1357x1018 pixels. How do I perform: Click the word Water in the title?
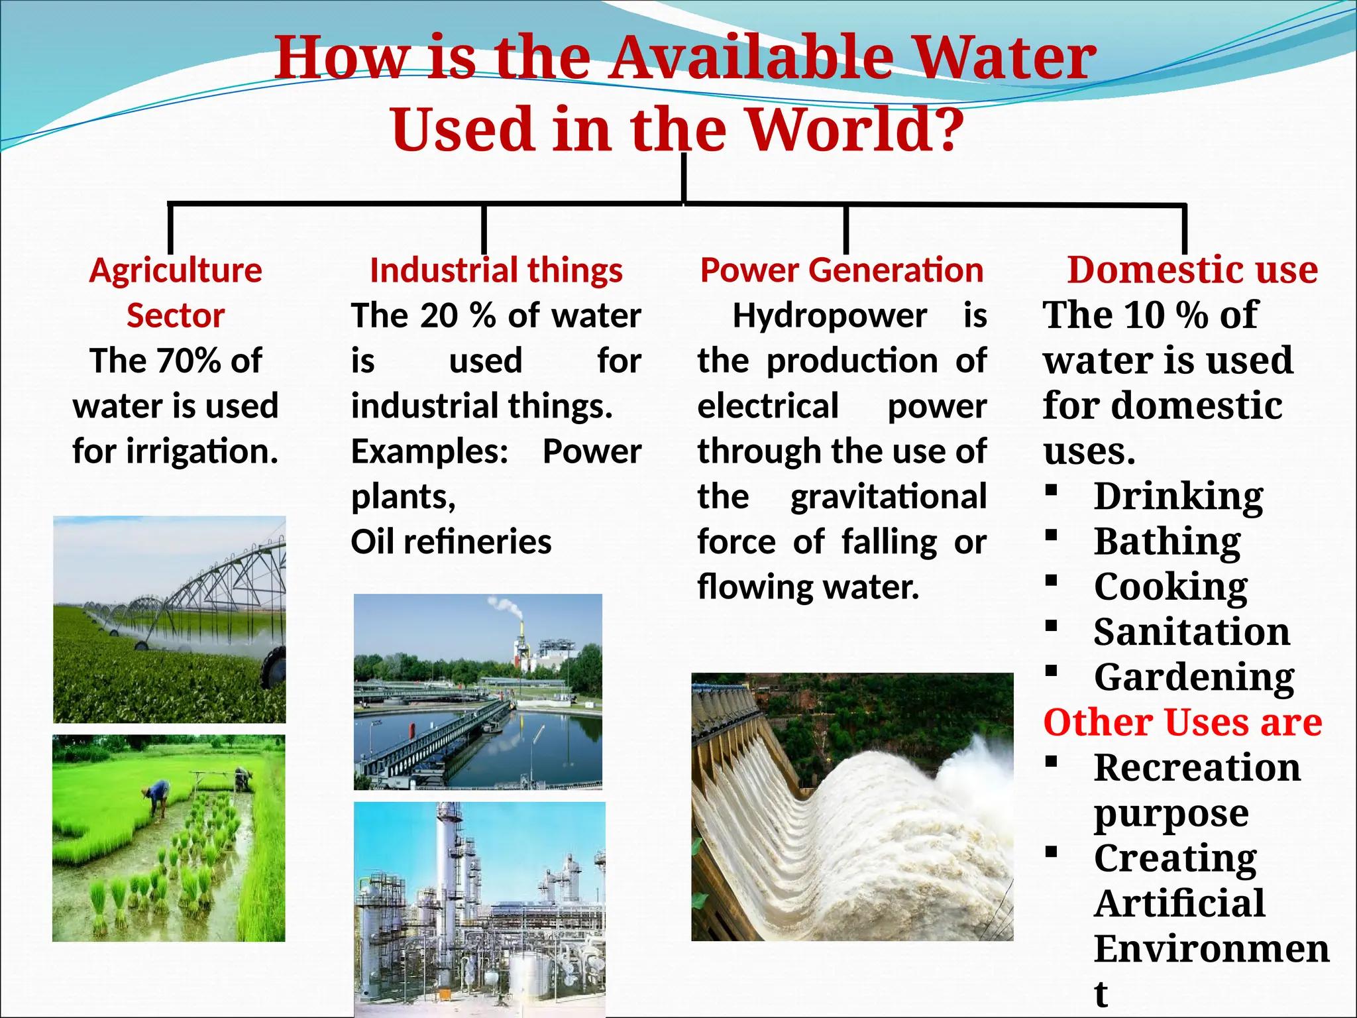point(1007,58)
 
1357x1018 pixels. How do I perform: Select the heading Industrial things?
point(496,270)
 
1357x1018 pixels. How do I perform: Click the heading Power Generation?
point(841,270)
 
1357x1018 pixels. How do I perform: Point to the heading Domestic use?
point(1192,270)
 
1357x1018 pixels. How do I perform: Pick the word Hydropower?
point(830,315)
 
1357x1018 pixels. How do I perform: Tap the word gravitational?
point(889,497)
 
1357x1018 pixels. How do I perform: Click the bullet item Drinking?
point(1178,497)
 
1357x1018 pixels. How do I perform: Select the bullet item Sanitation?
point(1191,632)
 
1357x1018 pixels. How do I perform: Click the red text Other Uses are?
point(1183,722)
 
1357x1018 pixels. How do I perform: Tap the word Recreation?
point(1197,768)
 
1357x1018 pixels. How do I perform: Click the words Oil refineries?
point(451,542)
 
